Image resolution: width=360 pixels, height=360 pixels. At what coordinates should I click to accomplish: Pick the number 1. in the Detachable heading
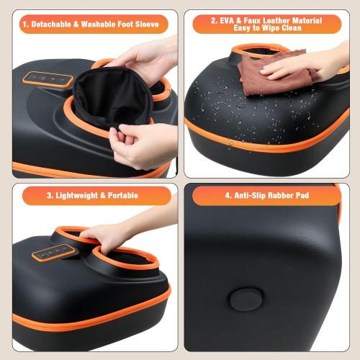[26, 24]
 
